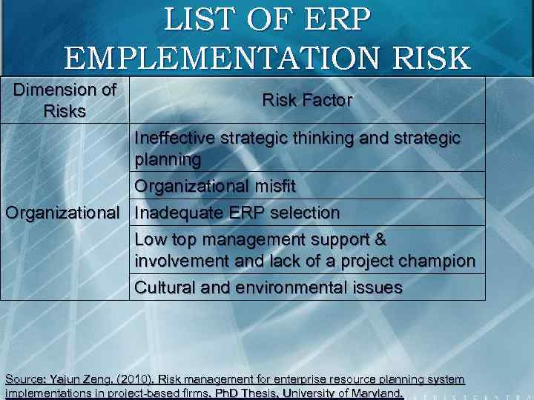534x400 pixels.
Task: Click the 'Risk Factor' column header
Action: (307, 100)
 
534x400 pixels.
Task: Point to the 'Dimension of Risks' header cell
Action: (66, 101)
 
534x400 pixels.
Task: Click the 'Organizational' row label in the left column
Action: (62, 213)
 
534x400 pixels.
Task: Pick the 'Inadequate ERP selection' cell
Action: (237, 213)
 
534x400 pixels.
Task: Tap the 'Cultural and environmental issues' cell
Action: (268, 287)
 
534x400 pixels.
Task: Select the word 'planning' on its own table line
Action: (168, 159)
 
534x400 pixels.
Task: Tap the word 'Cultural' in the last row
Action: (162, 287)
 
